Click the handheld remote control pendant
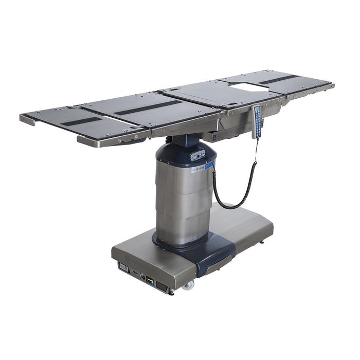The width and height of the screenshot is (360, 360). point(257,122)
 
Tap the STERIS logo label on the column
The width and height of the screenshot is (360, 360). point(198,169)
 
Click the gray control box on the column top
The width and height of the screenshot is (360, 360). point(197,153)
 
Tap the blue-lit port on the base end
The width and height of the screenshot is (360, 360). point(150,280)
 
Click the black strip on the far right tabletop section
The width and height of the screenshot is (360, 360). point(278,79)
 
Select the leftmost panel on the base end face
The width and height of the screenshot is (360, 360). point(123,267)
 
